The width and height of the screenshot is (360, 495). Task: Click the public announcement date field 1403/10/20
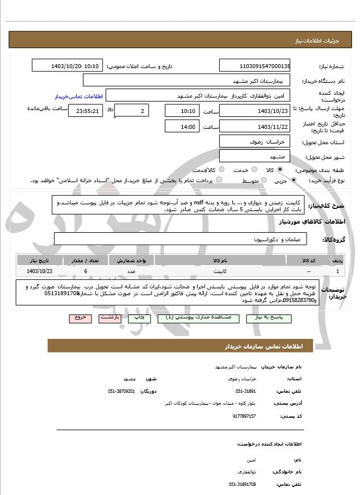point(68,66)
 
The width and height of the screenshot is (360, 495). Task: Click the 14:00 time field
point(181,127)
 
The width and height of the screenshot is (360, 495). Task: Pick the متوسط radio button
point(263,181)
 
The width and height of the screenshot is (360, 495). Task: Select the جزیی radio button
point(293,181)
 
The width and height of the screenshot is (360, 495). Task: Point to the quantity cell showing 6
point(85,271)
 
